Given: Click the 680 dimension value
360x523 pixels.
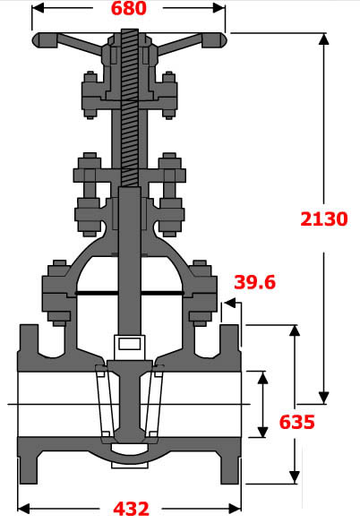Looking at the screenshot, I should tap(128, 10).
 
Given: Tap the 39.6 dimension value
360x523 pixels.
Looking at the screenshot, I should tap(254, 283).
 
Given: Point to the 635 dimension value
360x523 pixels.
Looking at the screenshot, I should tap(296, 422).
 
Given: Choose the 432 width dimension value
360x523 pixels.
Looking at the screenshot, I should tap(131, 509).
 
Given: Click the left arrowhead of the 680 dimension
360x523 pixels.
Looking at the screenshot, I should tap(37, 9).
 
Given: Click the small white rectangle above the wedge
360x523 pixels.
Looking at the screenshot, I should tap(128, 344).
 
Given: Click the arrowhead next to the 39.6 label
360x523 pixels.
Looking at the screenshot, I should tap(225, 306).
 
